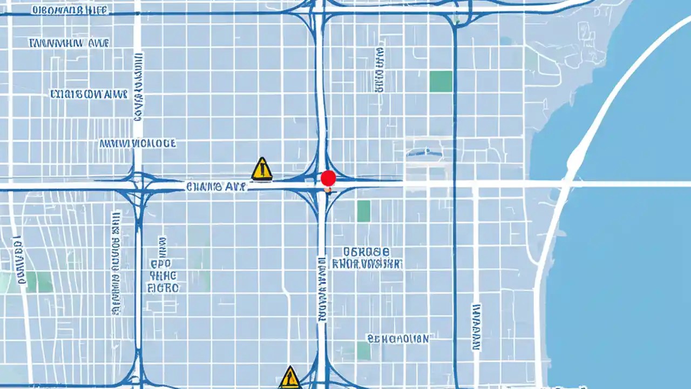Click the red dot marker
pos(328,178)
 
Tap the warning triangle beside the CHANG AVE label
pos(262,169)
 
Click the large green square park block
pos(441,81)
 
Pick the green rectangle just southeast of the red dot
pos(364,211)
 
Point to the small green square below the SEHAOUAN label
pos(364,351)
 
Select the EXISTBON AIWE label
pos(89,95)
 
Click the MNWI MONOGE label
pos(138,144)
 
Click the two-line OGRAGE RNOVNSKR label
pos(367,258)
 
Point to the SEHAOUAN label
pos(398,339)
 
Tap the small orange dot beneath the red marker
pos(328,190)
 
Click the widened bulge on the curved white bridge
pos(575,157)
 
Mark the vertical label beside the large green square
pos(380,69)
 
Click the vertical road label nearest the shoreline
pos(476,327)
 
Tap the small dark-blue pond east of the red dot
pos(425,153)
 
